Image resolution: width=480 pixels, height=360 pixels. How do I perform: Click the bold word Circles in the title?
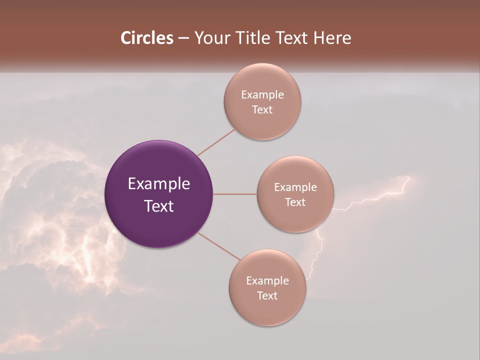pyautogui.click(x=147, y=38)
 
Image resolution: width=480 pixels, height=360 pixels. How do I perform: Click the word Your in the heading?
pyautogui.click(x=210, y=38)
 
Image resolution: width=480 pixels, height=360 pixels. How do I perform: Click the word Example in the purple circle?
pyautogui.click(x=159, y=184)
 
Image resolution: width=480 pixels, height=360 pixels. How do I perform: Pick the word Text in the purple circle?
pyautogui.click(x=159, y=206)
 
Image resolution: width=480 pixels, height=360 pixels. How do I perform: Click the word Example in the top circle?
pyautogui.click(x=262, y=95)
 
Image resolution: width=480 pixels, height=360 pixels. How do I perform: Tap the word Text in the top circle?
pyautogui.click(x=262, y=110)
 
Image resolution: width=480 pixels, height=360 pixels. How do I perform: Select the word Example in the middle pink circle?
pyautogui.click(x=295, y=187)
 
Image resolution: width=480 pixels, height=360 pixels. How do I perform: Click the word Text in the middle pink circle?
pyautogui.click(x=295, y=202)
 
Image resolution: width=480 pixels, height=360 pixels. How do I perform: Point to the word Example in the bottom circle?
pyautogui.click(x=267, y=281)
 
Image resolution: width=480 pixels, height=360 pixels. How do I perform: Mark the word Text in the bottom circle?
pyautogui.click(x=267, y=296)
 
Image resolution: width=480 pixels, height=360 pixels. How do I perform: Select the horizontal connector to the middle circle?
pyautogui.click(x=235, y=194)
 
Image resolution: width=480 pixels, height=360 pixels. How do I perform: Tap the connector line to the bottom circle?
pyautogui.click(x=219, y=246)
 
